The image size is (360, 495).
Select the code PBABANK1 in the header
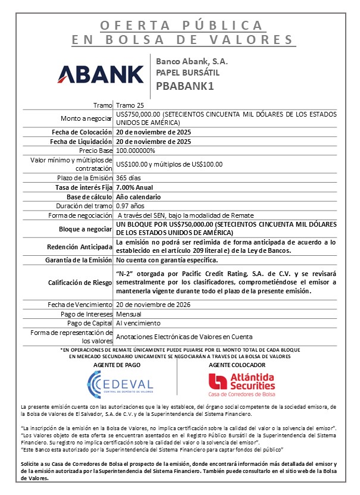pos(184,86)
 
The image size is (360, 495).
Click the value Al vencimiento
pos(138,323)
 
